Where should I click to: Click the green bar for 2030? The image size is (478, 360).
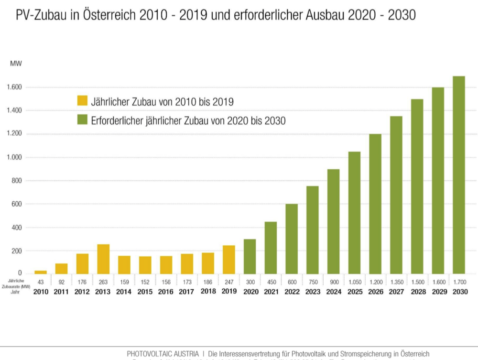pos(459,175)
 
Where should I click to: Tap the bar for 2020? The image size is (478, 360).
pos(250,256)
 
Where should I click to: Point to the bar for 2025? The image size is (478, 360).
pos(354,213)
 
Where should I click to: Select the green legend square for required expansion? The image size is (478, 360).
pos(82,120)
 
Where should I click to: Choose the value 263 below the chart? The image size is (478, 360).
pos(103,282)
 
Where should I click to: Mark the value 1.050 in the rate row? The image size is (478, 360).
pos(354,282)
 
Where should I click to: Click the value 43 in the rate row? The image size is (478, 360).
pos(41,282)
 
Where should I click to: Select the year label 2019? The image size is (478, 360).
pos(229,291)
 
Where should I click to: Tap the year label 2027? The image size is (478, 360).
pos(396,291)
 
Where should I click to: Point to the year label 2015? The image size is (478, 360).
pos(145,291)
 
